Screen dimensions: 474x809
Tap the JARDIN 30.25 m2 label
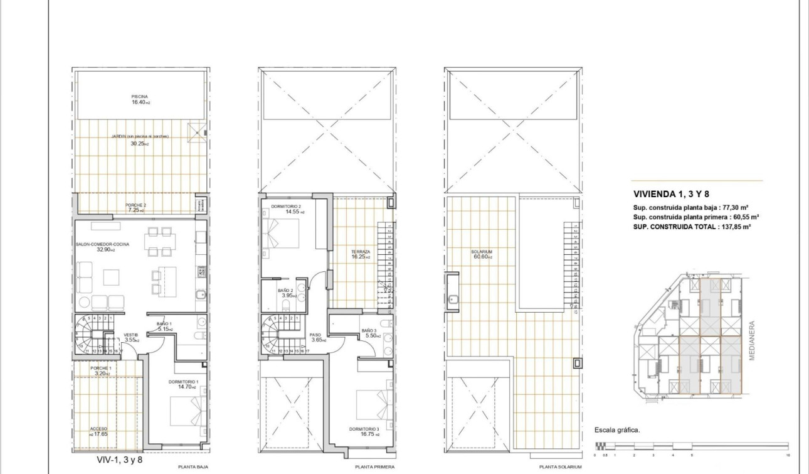[x=140, y=140]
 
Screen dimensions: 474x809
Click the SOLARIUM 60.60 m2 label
[x=482, y=254]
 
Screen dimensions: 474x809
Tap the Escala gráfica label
[x=617, y=430]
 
